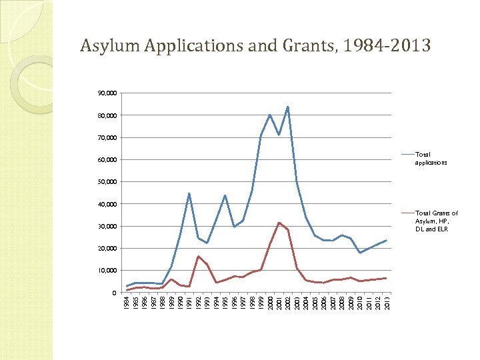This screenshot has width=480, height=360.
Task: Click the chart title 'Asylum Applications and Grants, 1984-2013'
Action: (x=255, y=46)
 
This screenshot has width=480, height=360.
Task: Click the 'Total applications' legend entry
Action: (x=431, y=159)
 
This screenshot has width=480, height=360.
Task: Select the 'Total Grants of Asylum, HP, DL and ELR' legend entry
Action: (x=436, y=221)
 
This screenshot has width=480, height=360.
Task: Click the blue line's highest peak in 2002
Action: (x=287, y=107)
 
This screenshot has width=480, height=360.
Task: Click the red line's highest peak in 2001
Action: (x=279, y=223)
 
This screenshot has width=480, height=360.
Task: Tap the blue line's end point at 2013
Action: (x=386, y=240)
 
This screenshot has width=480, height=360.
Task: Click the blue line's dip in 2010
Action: (x=359, y=253)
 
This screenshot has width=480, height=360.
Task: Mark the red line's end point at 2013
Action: (x=386, y=278)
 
